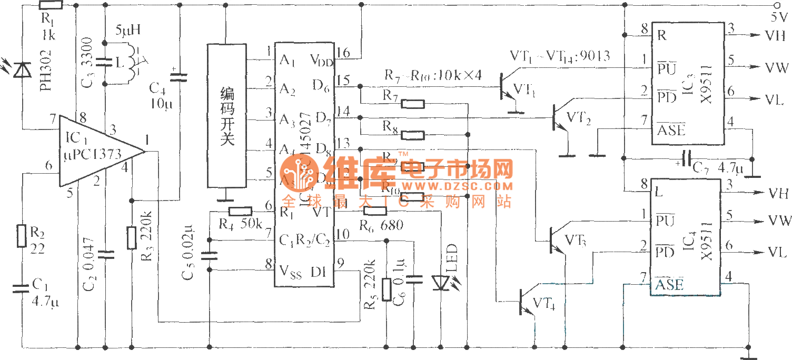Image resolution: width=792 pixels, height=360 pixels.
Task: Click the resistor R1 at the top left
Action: tap(51, 6)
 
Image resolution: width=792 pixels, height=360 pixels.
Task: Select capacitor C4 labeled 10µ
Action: tap(180, 77)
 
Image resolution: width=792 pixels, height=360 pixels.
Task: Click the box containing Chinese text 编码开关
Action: tap(226, 115)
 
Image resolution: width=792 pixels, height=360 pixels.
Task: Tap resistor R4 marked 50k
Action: tap(241, 212)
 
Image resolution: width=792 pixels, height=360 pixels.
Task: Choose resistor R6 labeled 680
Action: tap(375, 211)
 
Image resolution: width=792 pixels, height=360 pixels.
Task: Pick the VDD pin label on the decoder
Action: tap(321, 59)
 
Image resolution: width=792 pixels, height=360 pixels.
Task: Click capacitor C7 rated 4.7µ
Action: tap(686, 160)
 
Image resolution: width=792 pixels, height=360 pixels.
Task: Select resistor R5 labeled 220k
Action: tap(387, 289)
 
